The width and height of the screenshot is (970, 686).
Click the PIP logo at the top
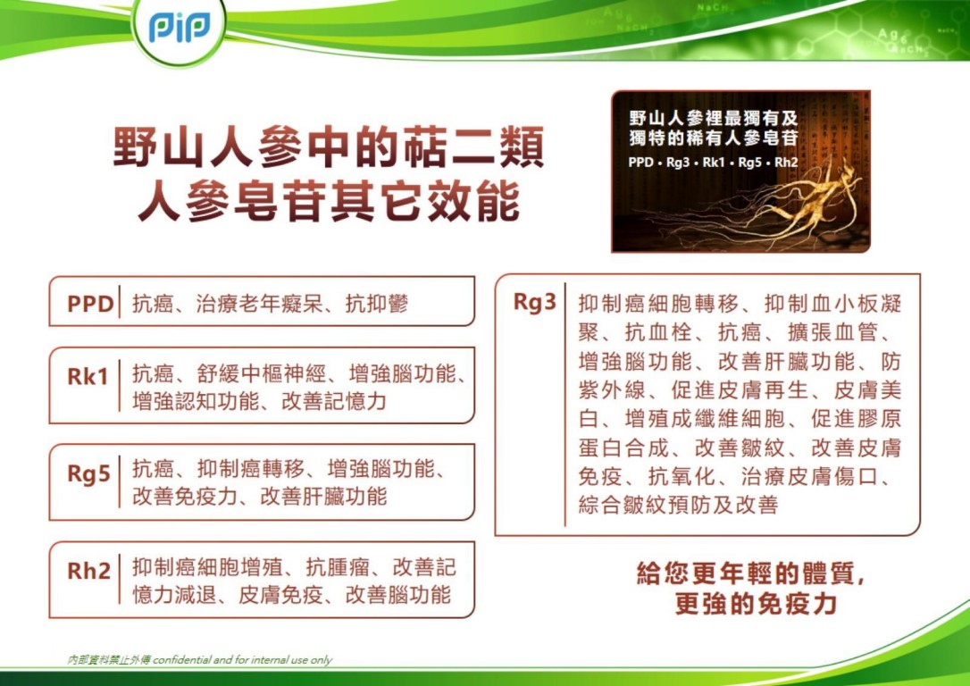[179, 27]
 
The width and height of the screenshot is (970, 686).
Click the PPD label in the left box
[90, 305]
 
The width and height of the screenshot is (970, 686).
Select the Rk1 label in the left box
[88, 377]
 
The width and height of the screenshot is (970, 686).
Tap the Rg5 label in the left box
[88, 473]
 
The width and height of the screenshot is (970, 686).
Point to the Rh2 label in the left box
[88, 571]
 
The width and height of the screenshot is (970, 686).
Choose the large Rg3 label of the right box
[535, 303]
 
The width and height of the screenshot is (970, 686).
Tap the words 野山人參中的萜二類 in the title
[329, 147]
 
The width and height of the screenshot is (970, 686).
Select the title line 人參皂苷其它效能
[329, 201]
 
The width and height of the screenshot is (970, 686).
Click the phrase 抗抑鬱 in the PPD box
[377, 305]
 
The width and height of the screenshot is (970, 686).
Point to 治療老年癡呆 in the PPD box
[259, 305]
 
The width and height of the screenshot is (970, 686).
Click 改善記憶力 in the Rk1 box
[333, 401]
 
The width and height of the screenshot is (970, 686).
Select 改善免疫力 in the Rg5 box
[185, 496]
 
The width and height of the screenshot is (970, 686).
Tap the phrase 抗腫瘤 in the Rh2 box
[339, 567]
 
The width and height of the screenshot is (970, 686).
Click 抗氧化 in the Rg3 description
[682, 478]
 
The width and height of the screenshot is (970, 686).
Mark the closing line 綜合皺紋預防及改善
[677, 505]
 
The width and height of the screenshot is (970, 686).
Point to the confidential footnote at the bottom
[200, 660]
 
